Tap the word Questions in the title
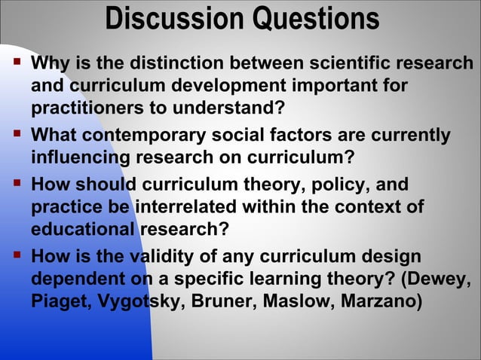coord(315,19)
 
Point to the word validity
coord(164,257)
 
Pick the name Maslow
coord(300,301)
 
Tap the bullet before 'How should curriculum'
coord(16,183)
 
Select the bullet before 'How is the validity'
coord(16,255)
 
